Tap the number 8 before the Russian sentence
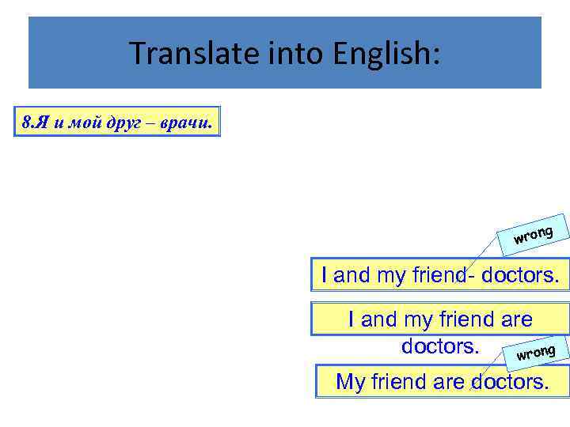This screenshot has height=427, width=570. tap(27, 123)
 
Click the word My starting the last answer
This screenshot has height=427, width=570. tap(349, 382)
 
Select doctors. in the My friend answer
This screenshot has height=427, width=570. tap(509, 382)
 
